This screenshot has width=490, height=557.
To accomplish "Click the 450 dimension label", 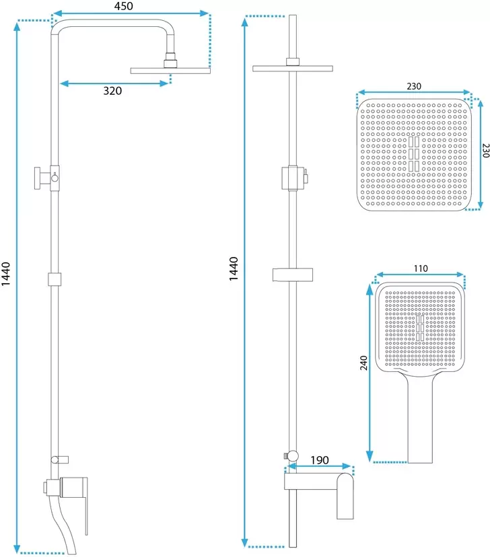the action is click(124, 6).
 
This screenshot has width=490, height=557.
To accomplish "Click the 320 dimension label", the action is click(112, 91).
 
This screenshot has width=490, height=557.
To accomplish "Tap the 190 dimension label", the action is click(320, 460).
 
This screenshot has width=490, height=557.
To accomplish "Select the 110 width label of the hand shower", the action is click(421, 268).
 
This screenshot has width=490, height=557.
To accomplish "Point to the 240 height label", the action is click(363, 363).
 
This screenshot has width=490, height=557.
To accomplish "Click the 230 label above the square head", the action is click(414, 86).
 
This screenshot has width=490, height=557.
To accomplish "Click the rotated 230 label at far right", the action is click(486, 151).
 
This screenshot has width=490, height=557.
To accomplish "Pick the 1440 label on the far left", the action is click(5, 274).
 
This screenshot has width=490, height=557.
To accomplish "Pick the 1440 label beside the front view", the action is click(233, 269).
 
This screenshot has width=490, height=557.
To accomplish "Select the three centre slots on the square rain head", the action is click(413, 154).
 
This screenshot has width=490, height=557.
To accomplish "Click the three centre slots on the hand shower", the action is click(420, 328).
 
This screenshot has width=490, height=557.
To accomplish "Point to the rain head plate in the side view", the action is click(170, 71).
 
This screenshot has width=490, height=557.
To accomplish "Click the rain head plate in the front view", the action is click(293, 69).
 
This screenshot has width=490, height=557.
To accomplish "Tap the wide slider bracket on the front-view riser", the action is click(293, 274).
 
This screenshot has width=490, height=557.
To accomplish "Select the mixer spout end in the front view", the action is click(345, 496).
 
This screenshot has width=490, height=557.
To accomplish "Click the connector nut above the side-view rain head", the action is click(170, 61).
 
